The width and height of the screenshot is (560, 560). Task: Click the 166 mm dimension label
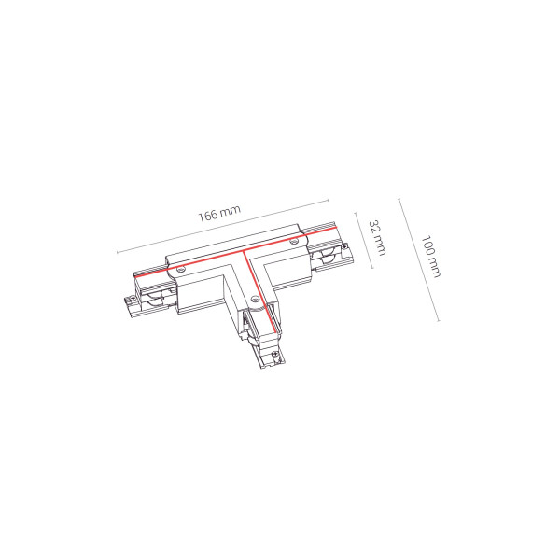[219, 213]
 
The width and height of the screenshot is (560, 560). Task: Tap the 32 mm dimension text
[377, 237]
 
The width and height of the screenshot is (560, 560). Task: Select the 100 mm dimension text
[430, 256]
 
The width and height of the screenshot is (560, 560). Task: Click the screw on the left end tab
[132, 297]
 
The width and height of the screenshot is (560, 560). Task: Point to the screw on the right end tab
[344, 246]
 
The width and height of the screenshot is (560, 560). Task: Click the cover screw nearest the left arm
[181, 269]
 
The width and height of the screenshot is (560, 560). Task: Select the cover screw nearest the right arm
[294, 242]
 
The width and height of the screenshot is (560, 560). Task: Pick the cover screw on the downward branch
[254, 298]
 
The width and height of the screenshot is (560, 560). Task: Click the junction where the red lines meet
[244, 252]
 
